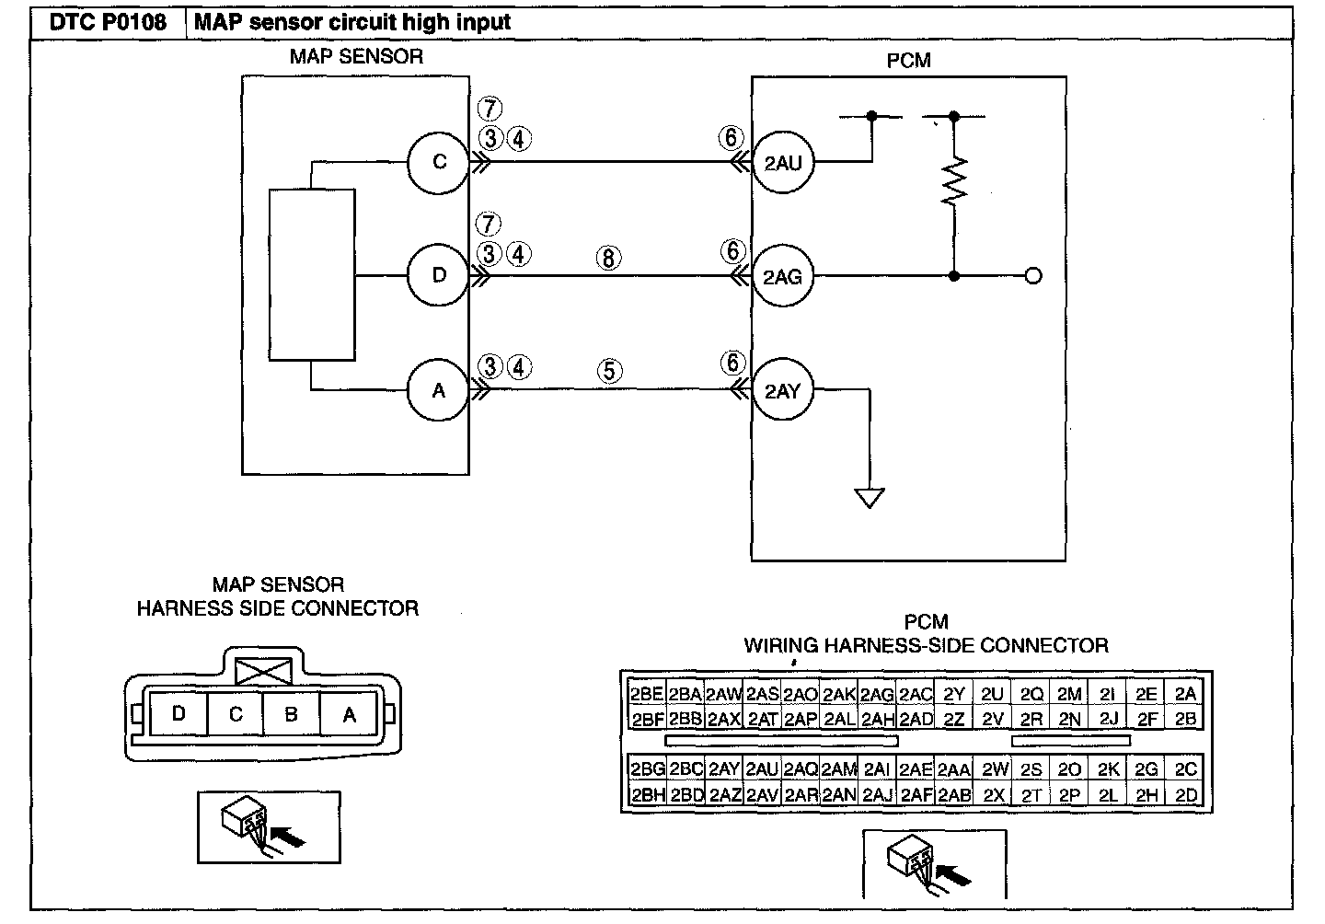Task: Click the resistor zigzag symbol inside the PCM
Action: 954,181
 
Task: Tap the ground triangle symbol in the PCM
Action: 870,498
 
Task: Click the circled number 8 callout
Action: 609,258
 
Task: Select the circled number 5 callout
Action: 610,371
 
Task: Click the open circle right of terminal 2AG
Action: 1032,276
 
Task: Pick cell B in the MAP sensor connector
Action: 291,714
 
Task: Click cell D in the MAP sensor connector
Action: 179,714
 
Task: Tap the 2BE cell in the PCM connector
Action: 647,694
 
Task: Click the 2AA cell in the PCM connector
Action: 954,769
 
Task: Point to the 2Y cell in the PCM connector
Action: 954,694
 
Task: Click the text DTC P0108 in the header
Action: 108,22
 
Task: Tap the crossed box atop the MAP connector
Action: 263,672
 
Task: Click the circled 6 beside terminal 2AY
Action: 732,363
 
